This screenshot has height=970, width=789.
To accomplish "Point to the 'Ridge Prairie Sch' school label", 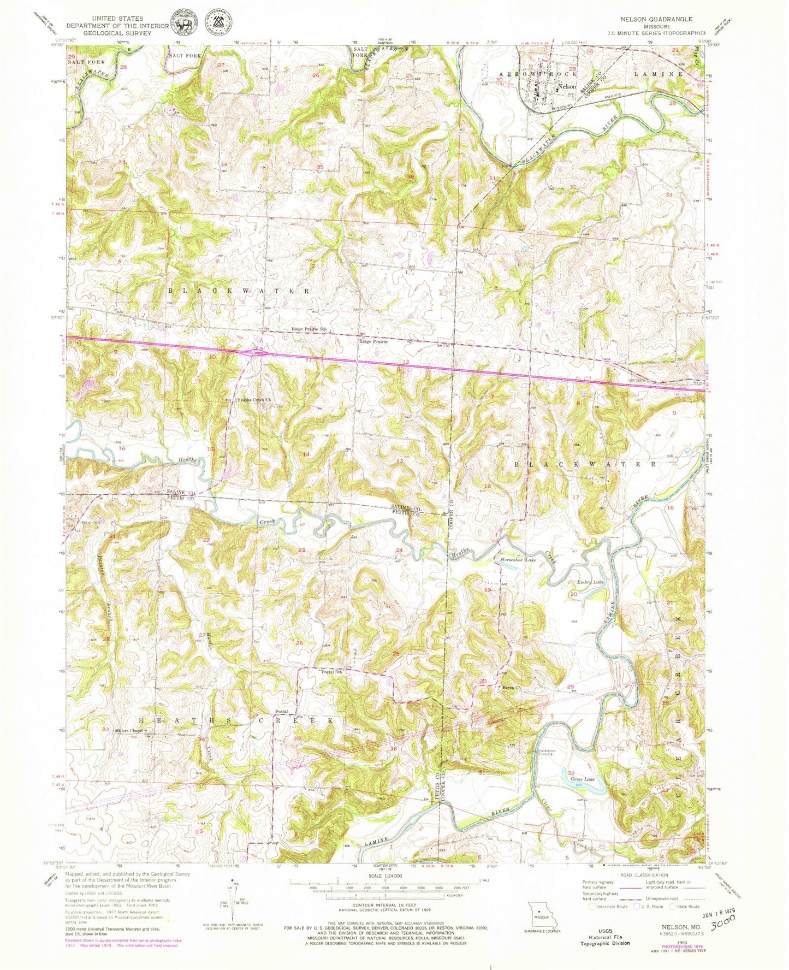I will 309,329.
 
